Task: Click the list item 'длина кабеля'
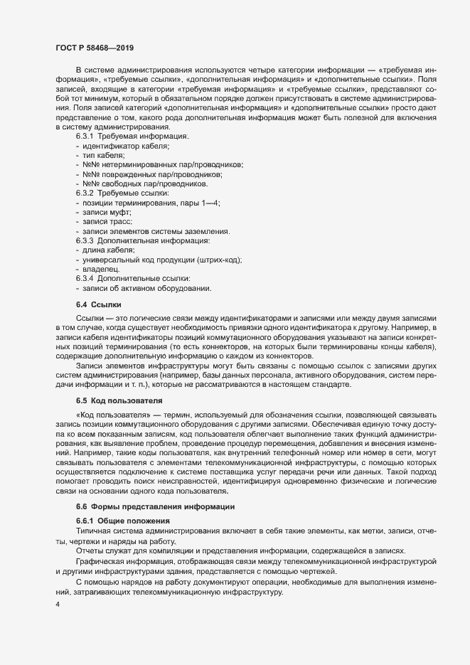pos(109,251)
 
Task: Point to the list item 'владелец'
pos(100,270)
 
